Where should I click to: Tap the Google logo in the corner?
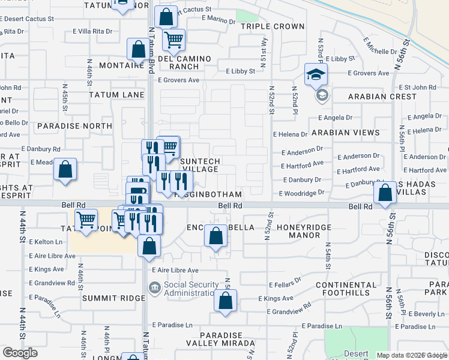[x=20, y=353]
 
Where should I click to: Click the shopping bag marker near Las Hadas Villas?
[x=385, y=193]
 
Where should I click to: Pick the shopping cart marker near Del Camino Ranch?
[x=173, y=40]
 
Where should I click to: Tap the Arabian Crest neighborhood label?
[x=382, y=96]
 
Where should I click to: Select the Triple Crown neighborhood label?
[x=273, y=26]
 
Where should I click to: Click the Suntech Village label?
[x=200, y=165]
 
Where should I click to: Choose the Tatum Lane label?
[x=116, y=95]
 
